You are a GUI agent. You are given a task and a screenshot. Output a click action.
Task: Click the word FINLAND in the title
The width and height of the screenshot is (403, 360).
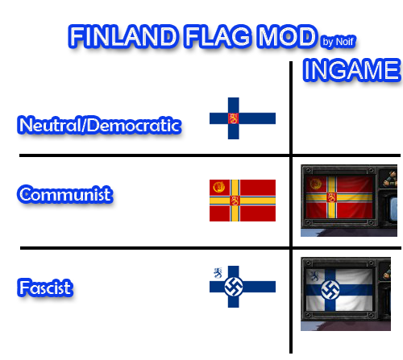123,36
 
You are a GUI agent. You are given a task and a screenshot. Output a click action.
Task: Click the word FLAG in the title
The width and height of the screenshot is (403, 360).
218,36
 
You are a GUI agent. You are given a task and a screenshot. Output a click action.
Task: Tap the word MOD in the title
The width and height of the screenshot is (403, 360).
286,36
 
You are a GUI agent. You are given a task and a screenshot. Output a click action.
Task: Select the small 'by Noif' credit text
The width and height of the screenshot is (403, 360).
339,42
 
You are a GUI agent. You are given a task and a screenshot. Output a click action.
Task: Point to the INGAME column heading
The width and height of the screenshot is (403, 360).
352,70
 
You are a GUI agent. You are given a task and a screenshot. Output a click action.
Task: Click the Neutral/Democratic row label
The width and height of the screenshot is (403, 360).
99,125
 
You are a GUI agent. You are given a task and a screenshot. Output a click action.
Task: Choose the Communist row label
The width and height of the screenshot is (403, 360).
65,194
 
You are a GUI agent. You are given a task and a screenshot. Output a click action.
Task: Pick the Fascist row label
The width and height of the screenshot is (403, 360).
45,288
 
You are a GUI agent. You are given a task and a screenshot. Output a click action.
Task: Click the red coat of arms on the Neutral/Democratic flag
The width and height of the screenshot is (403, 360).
233,118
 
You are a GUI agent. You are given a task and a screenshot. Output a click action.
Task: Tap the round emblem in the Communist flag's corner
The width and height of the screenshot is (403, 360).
218,187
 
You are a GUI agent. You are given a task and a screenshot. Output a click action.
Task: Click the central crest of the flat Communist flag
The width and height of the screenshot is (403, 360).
235,201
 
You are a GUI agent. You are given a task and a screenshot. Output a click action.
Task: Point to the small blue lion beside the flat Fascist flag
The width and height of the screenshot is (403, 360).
218,273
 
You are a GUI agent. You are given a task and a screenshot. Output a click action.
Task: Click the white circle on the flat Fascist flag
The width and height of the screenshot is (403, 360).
234,287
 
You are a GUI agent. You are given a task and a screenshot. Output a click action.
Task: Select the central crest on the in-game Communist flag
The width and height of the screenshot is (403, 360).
332,197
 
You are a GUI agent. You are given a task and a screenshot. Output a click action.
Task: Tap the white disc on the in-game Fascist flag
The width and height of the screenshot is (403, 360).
330,290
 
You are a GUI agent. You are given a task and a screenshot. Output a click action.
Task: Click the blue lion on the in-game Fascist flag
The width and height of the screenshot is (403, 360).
314,276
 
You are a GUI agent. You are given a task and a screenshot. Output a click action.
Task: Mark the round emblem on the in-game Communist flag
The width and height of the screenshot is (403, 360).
315,184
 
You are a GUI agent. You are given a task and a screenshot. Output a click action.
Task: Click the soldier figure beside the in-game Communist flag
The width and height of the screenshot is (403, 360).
390,178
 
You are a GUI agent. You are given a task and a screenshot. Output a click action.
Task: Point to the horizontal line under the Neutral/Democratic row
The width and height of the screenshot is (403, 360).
210,155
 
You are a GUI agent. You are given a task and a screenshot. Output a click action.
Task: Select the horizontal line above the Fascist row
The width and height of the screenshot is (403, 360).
210,248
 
